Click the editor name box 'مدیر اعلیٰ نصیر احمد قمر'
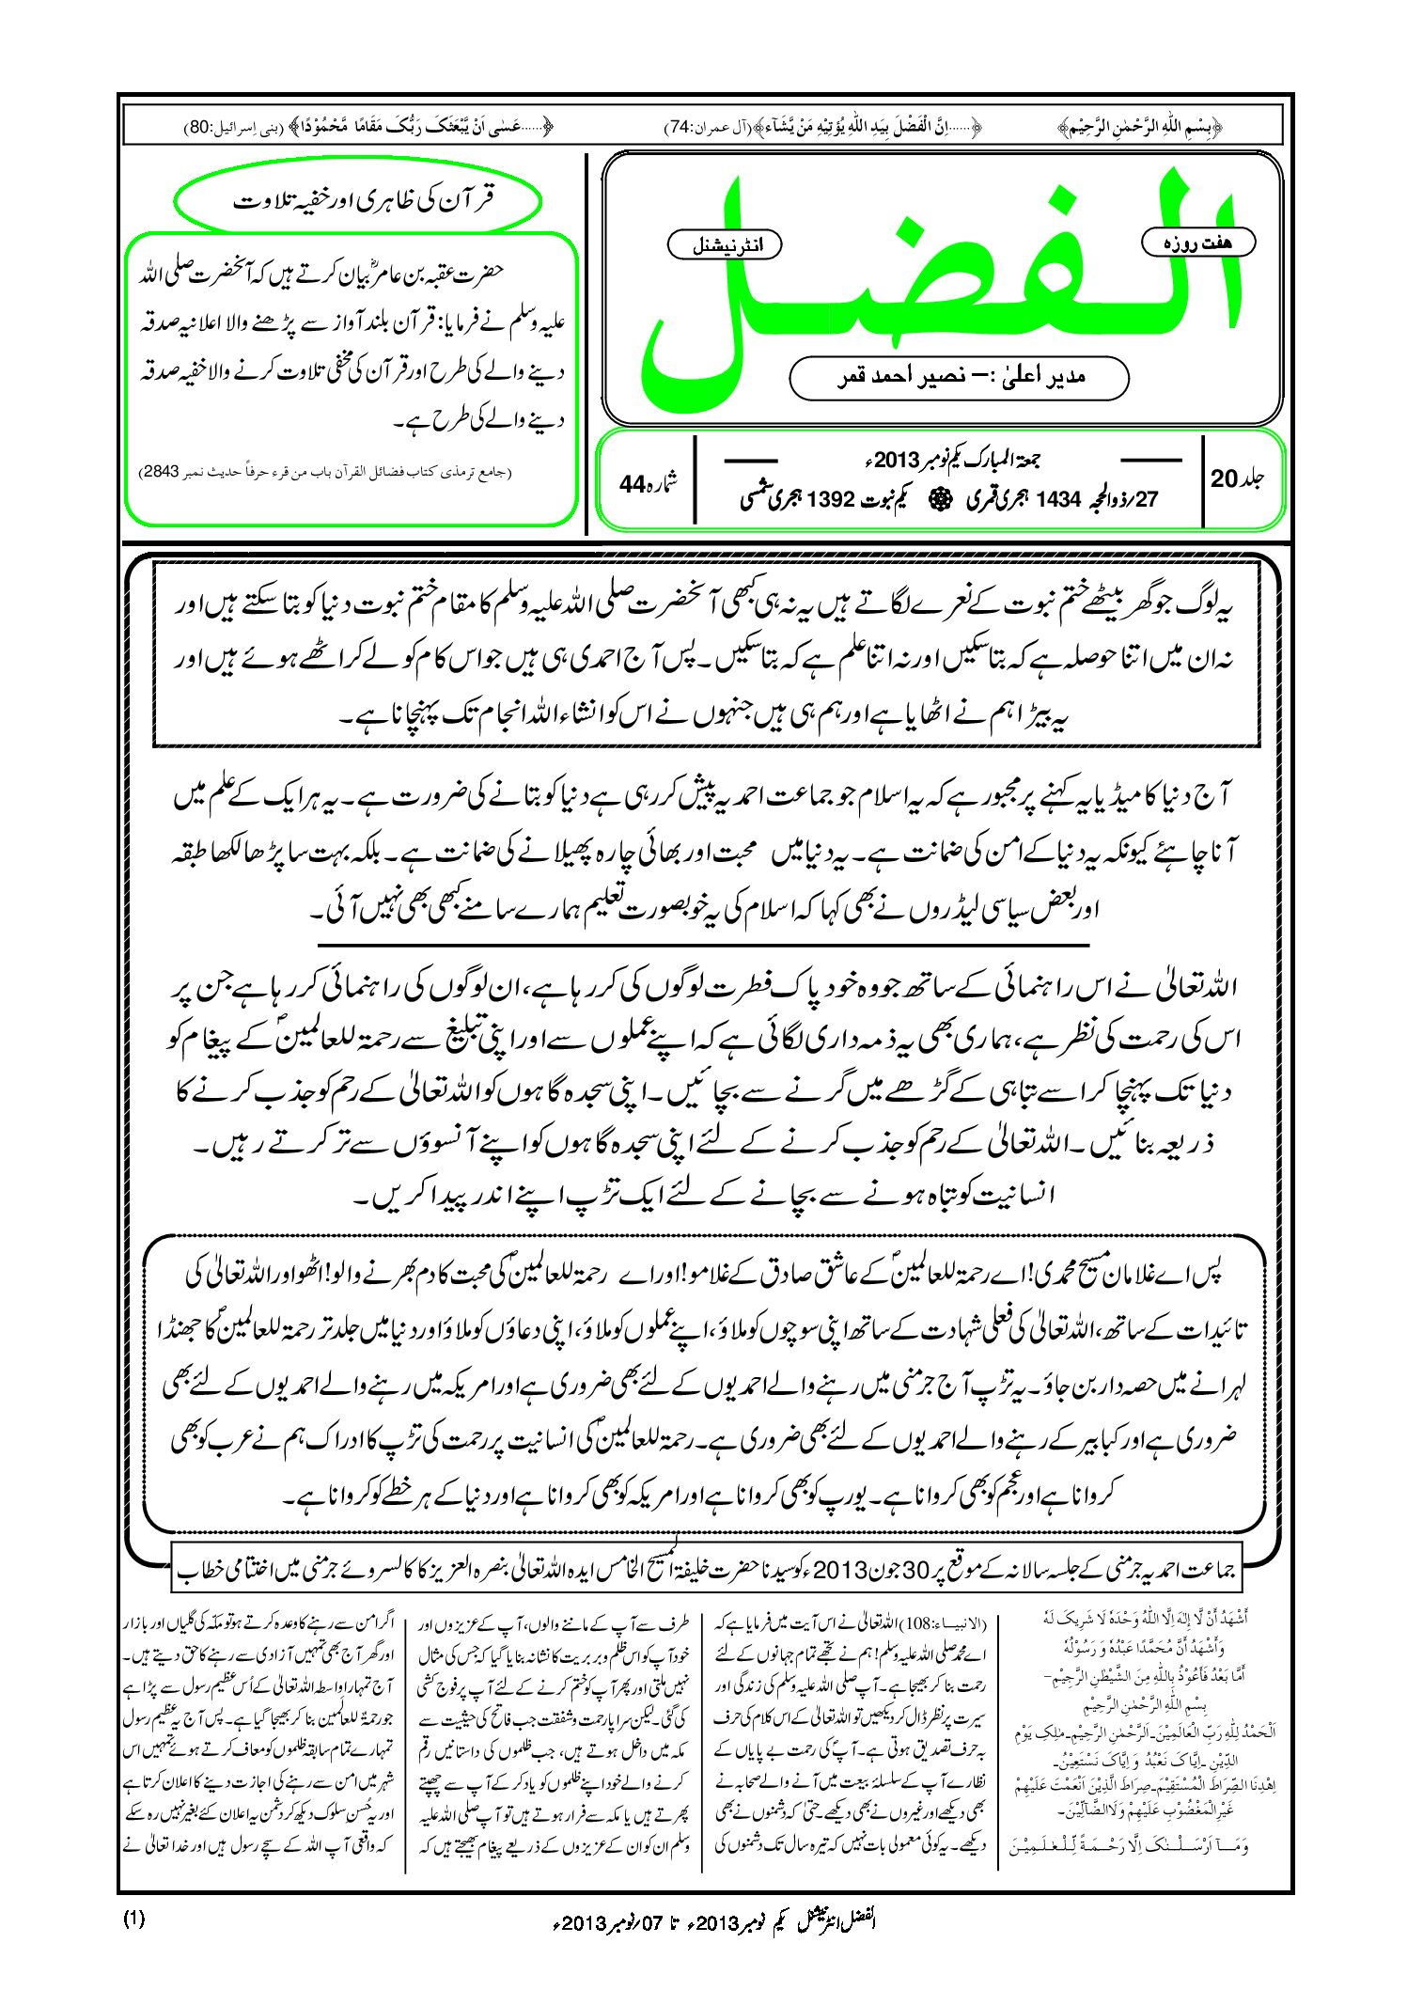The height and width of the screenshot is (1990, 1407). click(959, 377)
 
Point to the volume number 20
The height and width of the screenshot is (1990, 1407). click(1225, 478)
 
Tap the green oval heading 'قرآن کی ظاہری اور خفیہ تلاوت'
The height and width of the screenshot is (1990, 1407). click(358, 202)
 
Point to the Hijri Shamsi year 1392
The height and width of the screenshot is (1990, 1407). click(830, 500)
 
